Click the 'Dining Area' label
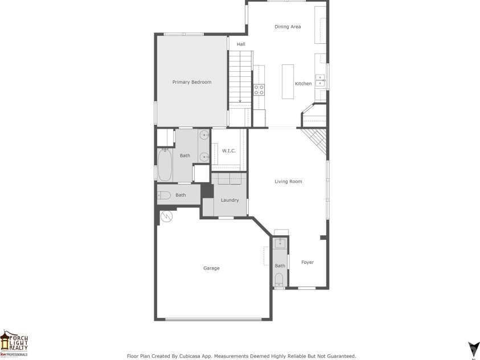[288, 27]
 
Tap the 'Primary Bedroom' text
[192, 82]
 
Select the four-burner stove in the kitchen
[259, 89]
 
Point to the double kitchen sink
[321, 80]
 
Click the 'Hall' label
[241, 44]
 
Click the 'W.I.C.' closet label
[229, 151]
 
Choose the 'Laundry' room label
[229, 200]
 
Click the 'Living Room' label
[288, 182]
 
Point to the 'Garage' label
[211, 268]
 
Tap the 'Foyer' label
[307, 263]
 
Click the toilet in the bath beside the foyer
[279, 280]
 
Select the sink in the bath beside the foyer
[280, 244]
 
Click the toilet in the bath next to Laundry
[164, 196]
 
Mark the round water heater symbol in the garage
[167, 216]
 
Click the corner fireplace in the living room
[315, 138]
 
